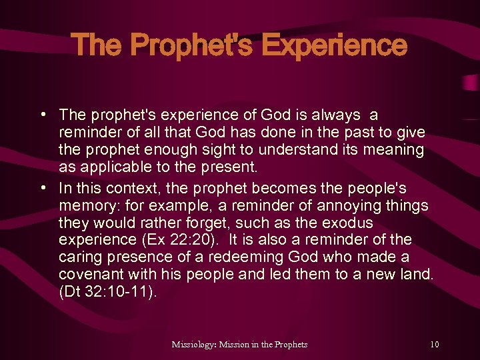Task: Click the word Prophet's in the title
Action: [x=191, y=45]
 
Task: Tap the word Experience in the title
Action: [x=334, y=45]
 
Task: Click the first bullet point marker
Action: [x=42, y=115]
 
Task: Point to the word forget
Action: [x=204, y=222]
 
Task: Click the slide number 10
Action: [x=435, y=344]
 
